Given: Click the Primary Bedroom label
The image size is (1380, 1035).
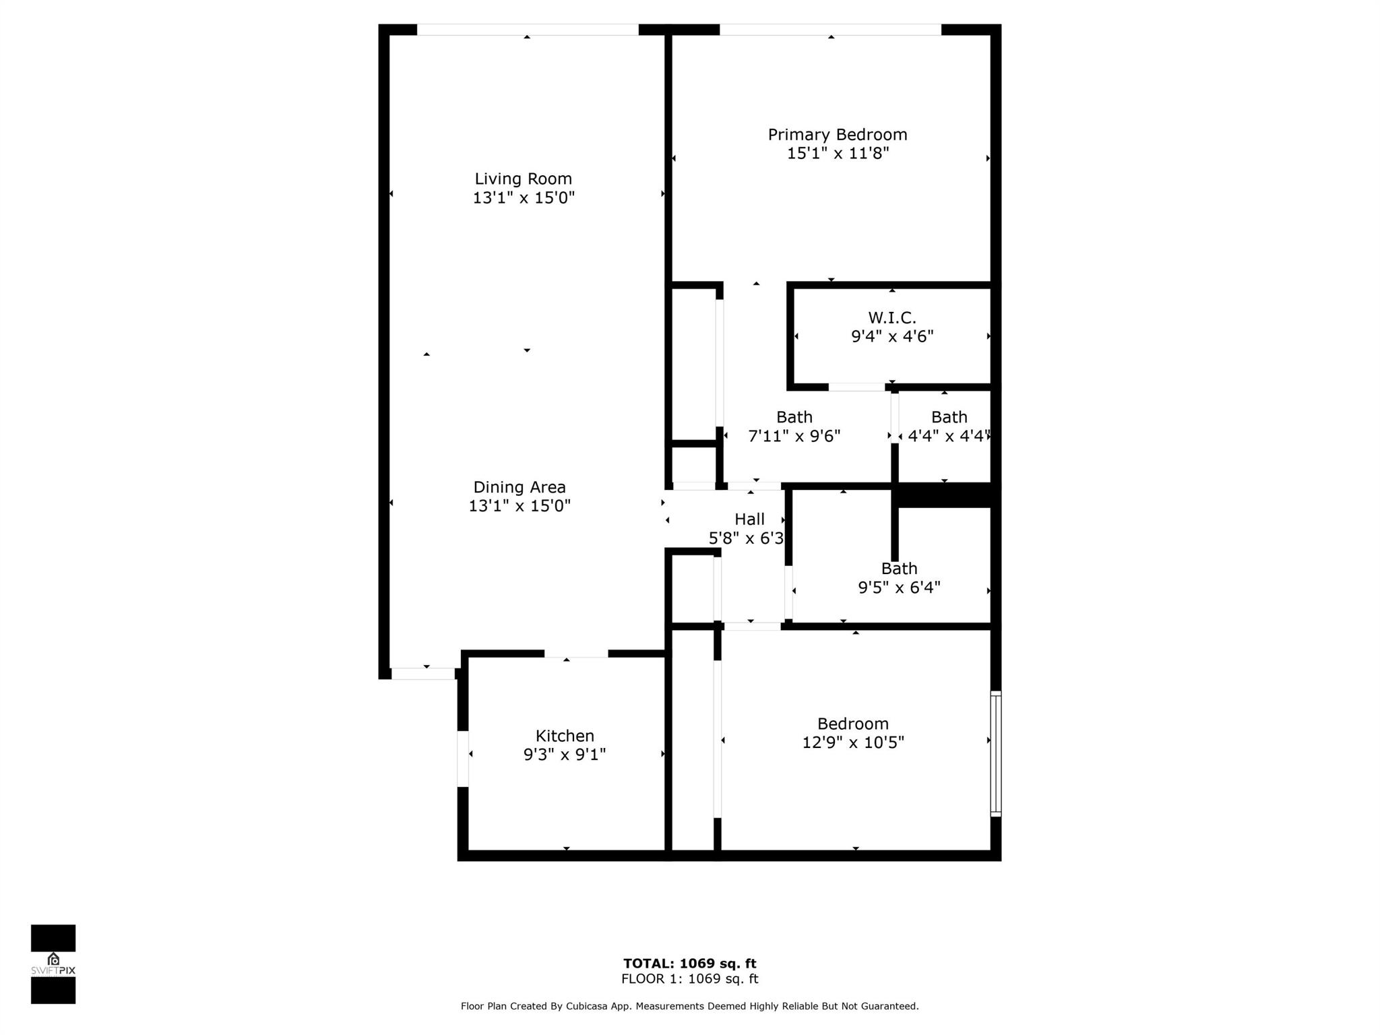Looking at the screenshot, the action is (x=838, y=135).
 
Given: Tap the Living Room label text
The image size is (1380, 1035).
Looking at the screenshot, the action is (x=523, y=179).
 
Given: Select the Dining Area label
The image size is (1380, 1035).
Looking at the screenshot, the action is (x=520, y=487).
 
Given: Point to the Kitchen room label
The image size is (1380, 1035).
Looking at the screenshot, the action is (x=565, y=736).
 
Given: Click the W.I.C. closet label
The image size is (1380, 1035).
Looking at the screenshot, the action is (x=892, y=317).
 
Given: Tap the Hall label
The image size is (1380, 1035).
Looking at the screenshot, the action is (x=749, y=520).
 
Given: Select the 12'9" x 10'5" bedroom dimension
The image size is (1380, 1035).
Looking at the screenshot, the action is (x=853, y=743).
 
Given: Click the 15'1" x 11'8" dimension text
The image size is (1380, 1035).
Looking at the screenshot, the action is (x=838, y=154).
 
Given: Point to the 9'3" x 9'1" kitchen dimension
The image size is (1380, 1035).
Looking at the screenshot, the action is (x=565, y=755).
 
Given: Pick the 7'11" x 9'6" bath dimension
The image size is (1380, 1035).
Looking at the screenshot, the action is (x=794, y=437).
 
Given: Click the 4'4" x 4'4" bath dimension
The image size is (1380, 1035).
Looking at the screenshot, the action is (x=949, y=437).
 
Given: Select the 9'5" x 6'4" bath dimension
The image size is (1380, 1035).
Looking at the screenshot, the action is (x=899, y=588).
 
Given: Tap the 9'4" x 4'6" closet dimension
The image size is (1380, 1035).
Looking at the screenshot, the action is (x=892, y=336).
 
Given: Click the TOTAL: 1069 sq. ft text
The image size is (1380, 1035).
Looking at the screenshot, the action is (x=690, y=964).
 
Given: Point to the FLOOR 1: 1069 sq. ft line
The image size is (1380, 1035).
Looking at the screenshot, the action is (x=690, y=979).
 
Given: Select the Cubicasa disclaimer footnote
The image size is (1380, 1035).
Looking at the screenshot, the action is (x=690, y=1006).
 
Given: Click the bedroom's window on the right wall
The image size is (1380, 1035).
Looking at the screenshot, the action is (x=996, y=753).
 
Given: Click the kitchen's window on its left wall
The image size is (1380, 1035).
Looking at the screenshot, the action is (x=463, y=759).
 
